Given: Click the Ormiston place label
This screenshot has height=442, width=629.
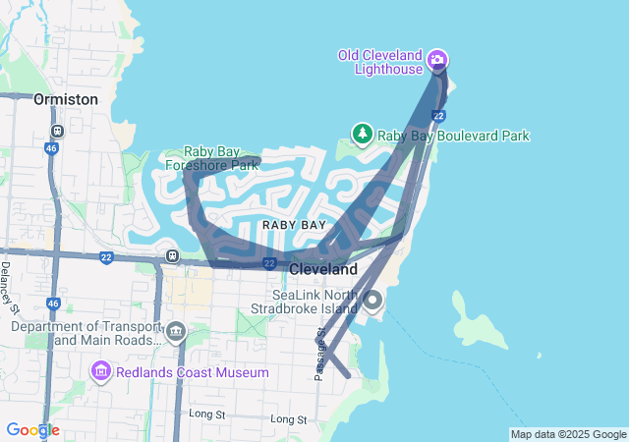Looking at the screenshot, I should (x=66, y=99).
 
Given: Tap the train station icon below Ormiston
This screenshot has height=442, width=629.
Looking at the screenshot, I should (x=57, y=130).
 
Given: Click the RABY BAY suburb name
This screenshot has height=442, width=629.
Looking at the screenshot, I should (x=293, y=225).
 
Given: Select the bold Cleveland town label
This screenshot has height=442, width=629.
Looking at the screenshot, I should (x=323, y=268).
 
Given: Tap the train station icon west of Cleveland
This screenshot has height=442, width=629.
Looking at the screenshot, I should (x=172, y=256).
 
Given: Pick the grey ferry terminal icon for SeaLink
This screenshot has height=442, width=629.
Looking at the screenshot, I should (x=372, y=302).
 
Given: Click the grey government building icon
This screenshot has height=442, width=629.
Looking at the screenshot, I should (x=176, y=332).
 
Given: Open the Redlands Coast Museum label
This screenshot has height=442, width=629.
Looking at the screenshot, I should (x=193, y=372).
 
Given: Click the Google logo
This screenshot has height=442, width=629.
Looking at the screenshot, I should (x=32, y=430).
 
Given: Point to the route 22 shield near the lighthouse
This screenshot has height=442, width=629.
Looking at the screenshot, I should (x=438, y=116).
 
